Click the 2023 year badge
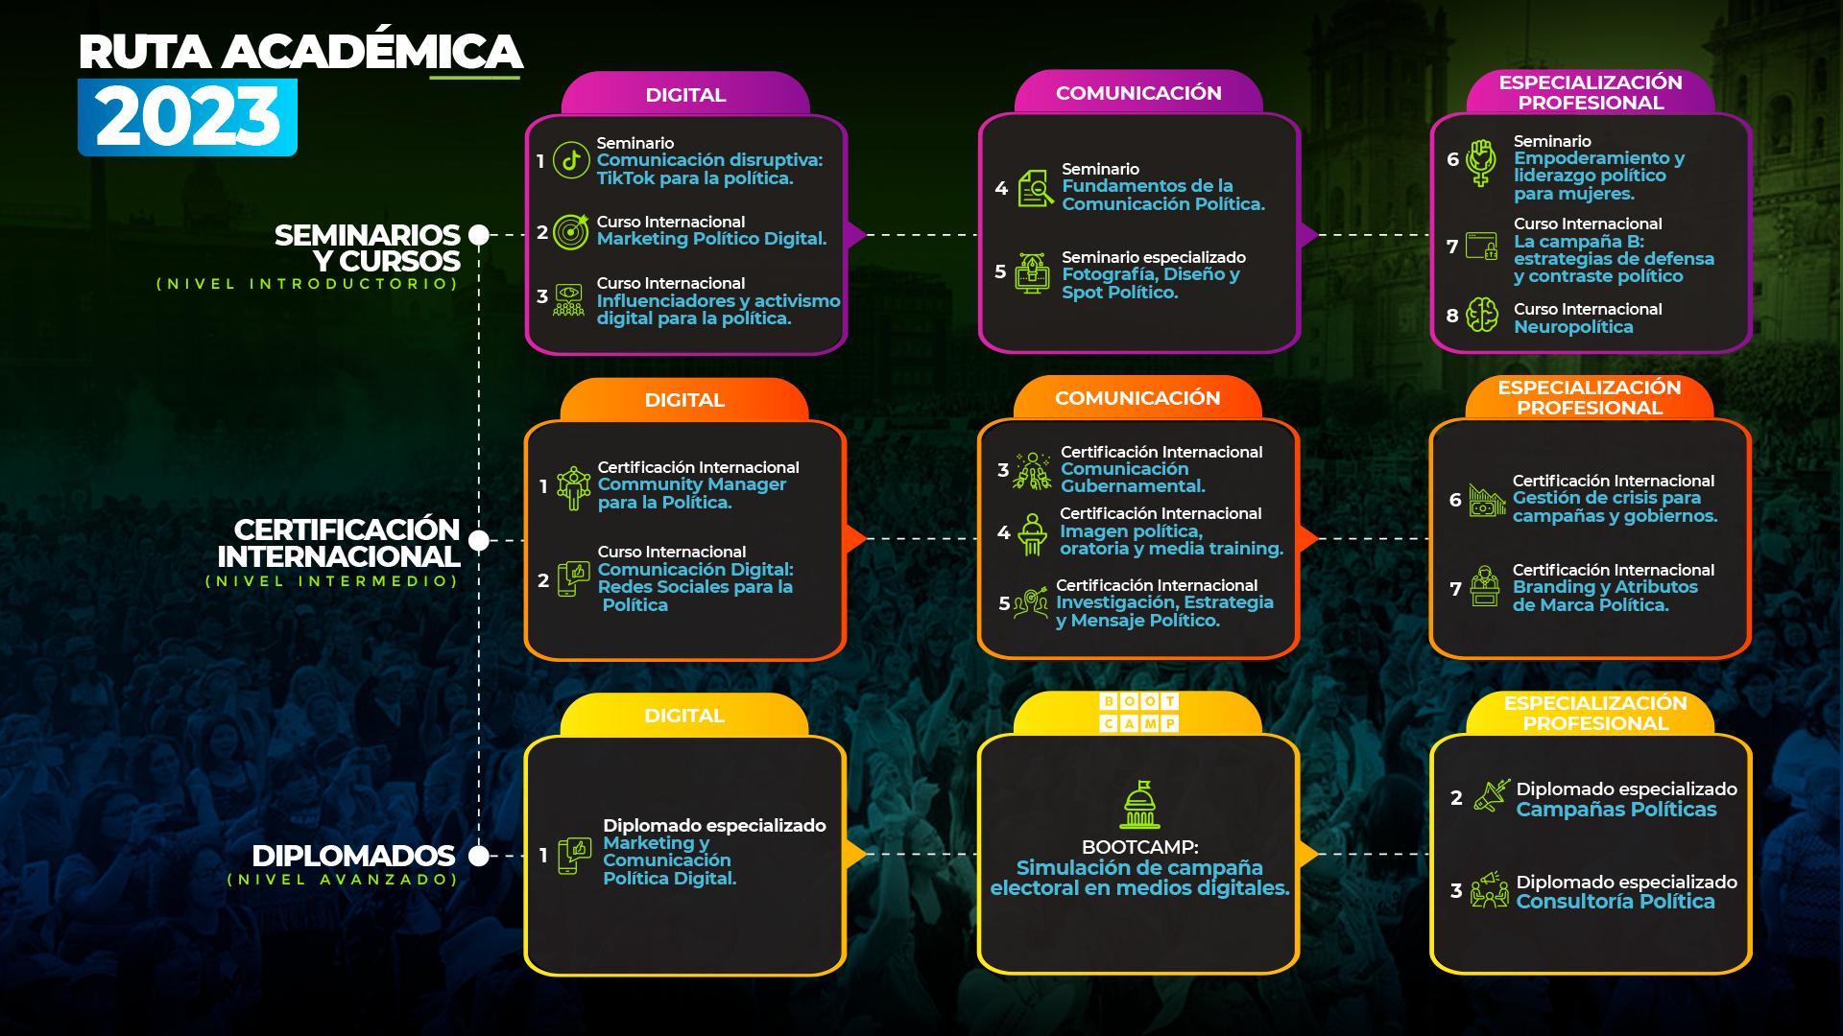[188, 117]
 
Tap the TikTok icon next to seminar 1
[571, 160]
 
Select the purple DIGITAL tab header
[685, 95]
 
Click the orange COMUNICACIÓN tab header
[1137, 398]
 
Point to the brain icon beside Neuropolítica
[1482, 316]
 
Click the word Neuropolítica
[1573, 327]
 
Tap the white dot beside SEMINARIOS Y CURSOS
[478, 235]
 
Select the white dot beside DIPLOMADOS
[478, 855]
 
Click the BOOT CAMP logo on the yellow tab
[1138, 713]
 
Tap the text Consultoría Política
[1616, 902]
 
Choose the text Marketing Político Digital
[711, 239]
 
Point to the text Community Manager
[691, 484]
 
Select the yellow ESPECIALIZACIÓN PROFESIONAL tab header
[1594, 713]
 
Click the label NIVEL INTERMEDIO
[332, 581]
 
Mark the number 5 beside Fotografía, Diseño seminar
[1000, 272]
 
